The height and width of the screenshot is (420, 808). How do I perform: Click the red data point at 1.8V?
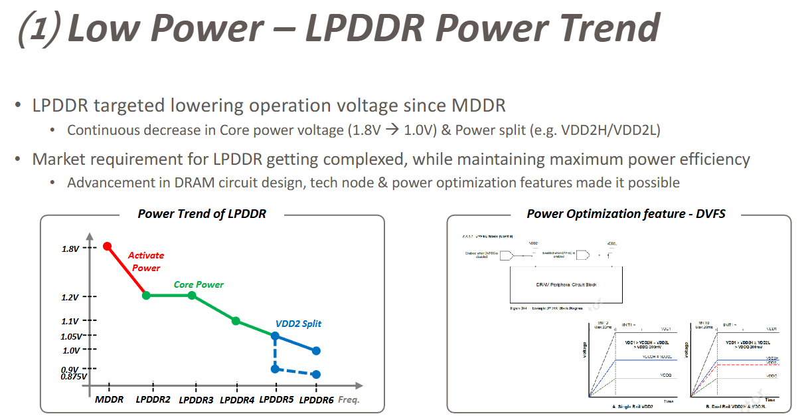click(x=108, y=247)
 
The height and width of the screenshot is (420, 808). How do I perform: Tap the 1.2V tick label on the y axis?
click(x=70, y=297)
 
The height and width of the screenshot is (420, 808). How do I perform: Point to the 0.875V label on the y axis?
click(x=73, y=377)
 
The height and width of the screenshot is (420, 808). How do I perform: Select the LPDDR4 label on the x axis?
click(x=237, y=400)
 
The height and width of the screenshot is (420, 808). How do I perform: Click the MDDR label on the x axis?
click(x=109, y=400)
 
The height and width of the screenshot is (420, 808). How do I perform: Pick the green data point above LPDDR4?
click(x=236, y=321)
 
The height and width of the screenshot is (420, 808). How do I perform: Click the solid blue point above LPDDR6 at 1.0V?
click(x=316, y=350)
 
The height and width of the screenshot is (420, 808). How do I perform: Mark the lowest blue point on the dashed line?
click(x=316, y=375)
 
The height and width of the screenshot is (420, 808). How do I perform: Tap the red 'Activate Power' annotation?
click(x=146, y=261)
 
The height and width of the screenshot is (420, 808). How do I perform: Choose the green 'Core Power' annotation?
click(x=199, y=284)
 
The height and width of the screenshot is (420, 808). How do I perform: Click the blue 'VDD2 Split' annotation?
click(x=298, y=324)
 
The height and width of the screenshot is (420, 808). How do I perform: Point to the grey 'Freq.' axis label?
click(x=349, y=400)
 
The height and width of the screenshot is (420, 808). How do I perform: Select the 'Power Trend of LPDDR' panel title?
click(x=202, y=214)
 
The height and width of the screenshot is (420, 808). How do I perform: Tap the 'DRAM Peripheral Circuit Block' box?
click(x=566, y=284)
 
